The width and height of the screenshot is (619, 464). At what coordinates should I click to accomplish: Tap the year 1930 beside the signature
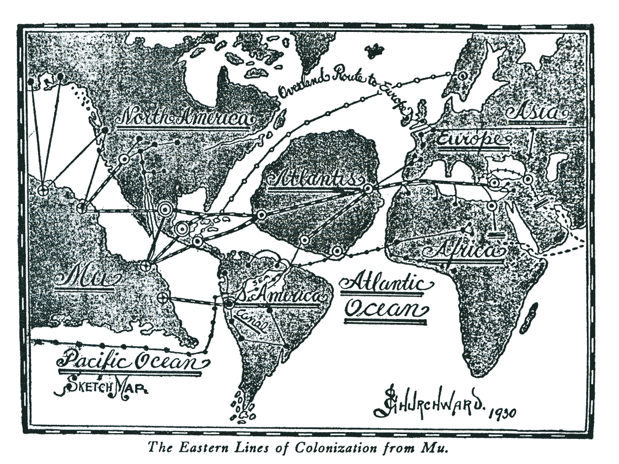[x=500, y=411]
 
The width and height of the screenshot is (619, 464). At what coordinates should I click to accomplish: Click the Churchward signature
[x=428, y=404]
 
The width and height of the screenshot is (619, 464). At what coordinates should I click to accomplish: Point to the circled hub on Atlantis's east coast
[x=368, y=189]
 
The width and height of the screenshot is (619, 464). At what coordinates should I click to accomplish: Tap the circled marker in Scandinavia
[x=463, y=76]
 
